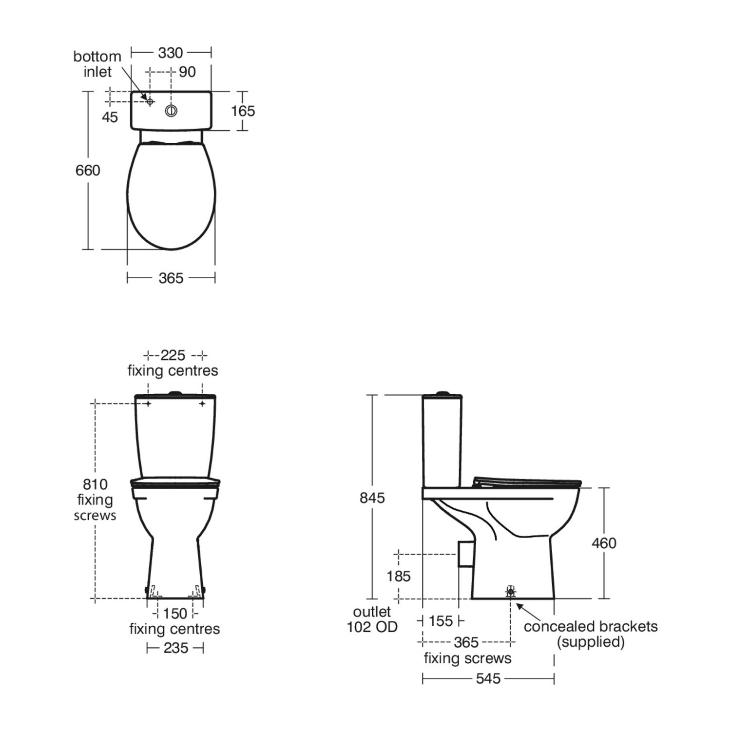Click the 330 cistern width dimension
pos(170,53)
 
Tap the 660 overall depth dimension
pos(88,170)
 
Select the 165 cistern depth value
pos(243,111)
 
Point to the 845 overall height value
pos(372,498)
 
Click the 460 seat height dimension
pos(604,543)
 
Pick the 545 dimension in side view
pos(488,678)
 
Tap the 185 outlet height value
pos(399,576)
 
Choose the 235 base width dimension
pos(175,648)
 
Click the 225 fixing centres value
pos(173,355)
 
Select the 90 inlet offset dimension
pos(187,72)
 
